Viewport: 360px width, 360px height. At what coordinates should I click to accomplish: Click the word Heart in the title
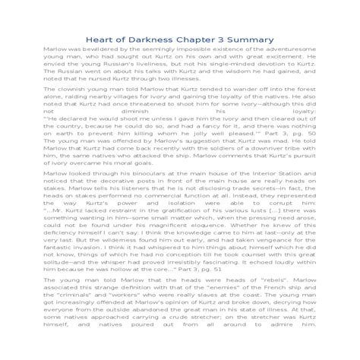[x=100, y=39]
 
